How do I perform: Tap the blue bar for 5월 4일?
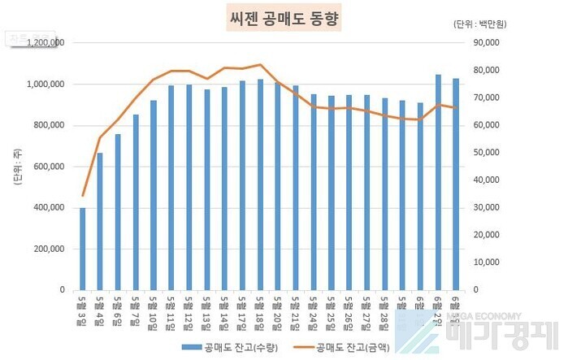point(100,220)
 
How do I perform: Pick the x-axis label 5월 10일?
point(154,310)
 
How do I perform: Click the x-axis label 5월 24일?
point(314,310)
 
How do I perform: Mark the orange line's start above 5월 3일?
point(82,196)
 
